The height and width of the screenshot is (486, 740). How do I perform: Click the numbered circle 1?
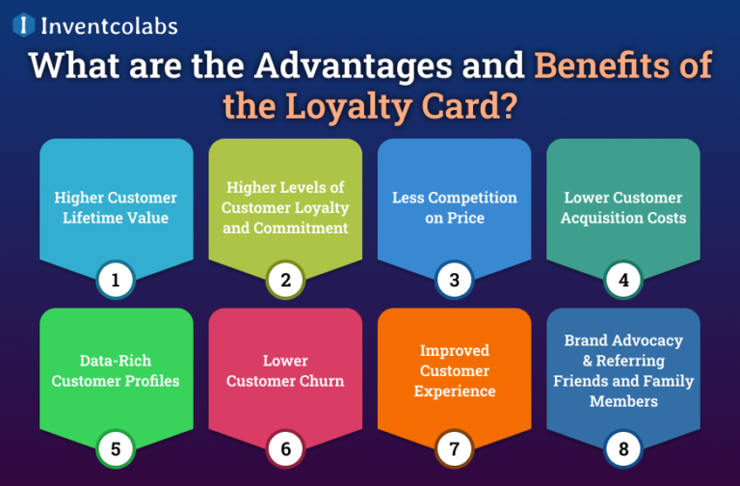point(116,281)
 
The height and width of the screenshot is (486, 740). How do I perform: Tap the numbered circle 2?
point(285,281)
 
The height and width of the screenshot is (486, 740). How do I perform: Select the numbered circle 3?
point(454,281)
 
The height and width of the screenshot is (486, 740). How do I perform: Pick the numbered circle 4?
point(623,281)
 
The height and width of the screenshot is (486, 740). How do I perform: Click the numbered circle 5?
point(116,448)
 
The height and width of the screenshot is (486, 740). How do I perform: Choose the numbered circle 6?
point(285,448)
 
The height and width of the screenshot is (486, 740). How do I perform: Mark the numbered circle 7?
point(454,448)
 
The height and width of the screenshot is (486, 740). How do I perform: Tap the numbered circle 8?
point(623,448)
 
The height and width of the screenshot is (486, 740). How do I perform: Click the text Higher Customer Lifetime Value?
point(116,207)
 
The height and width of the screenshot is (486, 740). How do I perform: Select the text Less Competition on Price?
point(454,207)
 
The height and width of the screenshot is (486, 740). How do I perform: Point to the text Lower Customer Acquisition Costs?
point(623,207)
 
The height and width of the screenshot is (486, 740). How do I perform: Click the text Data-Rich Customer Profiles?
point(116,370)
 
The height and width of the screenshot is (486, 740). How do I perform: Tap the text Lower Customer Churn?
point(285,370)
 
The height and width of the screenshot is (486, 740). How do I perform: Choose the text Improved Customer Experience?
point(454,370)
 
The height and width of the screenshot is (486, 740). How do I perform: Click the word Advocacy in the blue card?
point(647,340)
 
